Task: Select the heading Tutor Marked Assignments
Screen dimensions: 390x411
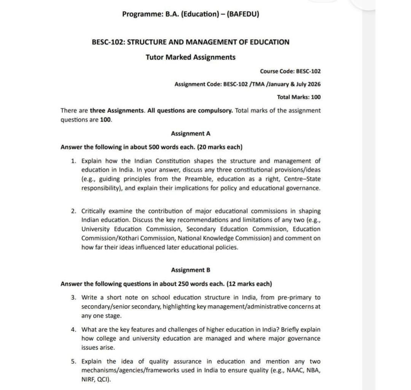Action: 190,57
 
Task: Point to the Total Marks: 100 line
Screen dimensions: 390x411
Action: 299,97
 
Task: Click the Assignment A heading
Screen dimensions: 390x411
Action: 190,134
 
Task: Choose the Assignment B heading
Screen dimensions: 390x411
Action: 190,270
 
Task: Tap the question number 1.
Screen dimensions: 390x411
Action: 73,161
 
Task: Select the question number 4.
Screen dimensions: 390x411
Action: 73,329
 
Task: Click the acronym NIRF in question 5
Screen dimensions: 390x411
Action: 88,380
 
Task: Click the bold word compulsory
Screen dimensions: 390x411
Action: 217,111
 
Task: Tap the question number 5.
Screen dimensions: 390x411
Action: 73,361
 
